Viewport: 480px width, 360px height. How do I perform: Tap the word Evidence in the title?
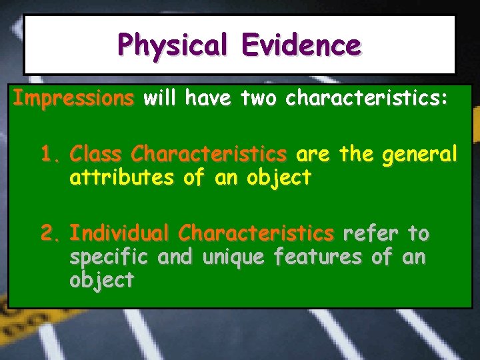coord(301,45)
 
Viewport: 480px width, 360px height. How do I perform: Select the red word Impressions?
coord(73,99)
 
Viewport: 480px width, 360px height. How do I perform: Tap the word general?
coord(419,155)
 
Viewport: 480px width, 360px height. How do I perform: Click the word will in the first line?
coord(160,99)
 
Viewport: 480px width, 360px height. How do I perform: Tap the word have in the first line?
coord(207,99)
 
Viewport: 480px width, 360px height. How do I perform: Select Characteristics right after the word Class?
coord(209,155)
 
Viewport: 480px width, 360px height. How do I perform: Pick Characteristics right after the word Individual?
coord(257,233)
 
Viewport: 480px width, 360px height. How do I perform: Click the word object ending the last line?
coord(101,280)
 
